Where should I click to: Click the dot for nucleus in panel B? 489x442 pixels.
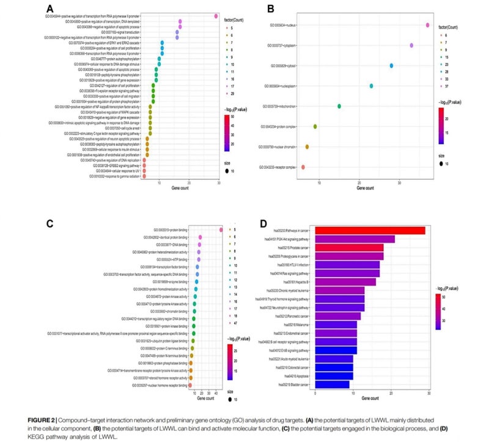[427, 25]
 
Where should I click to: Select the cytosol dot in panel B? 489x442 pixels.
[391, 65]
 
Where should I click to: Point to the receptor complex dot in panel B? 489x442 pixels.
[303, 167]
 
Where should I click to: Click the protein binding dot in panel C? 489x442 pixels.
[221, 230]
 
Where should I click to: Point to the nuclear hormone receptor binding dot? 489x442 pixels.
[190, 386]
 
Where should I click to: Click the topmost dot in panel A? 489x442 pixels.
[216, 16]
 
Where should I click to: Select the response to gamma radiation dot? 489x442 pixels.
[144, 177]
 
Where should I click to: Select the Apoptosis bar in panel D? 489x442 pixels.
[334, 375]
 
